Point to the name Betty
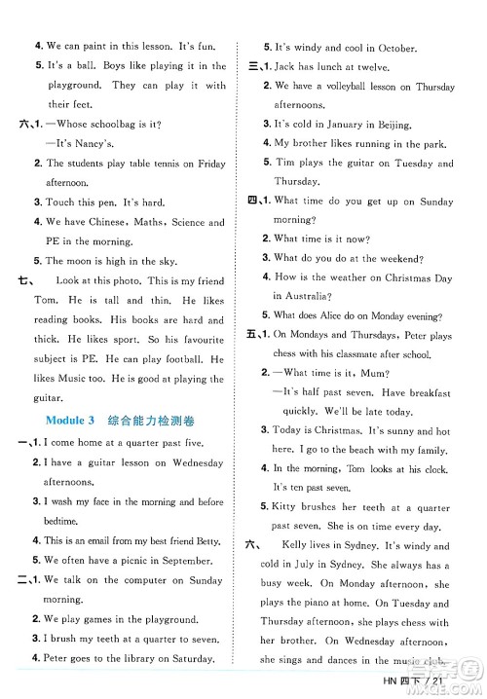pos(207,538)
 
